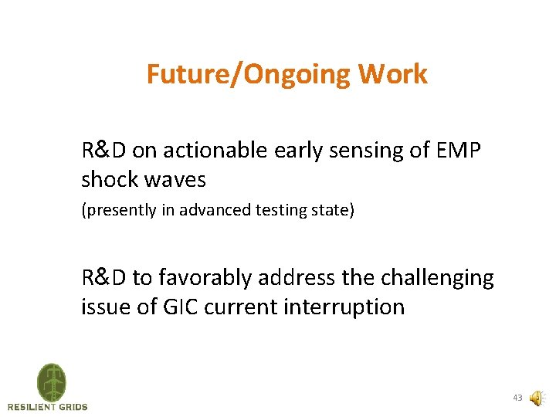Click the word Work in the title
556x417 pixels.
pos(393,75)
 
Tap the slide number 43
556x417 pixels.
pos(517,398)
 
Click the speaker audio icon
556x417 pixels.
pos(536,398)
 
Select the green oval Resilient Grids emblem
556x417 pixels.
pos(51,381)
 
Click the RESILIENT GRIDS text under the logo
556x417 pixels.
pos(48,407)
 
